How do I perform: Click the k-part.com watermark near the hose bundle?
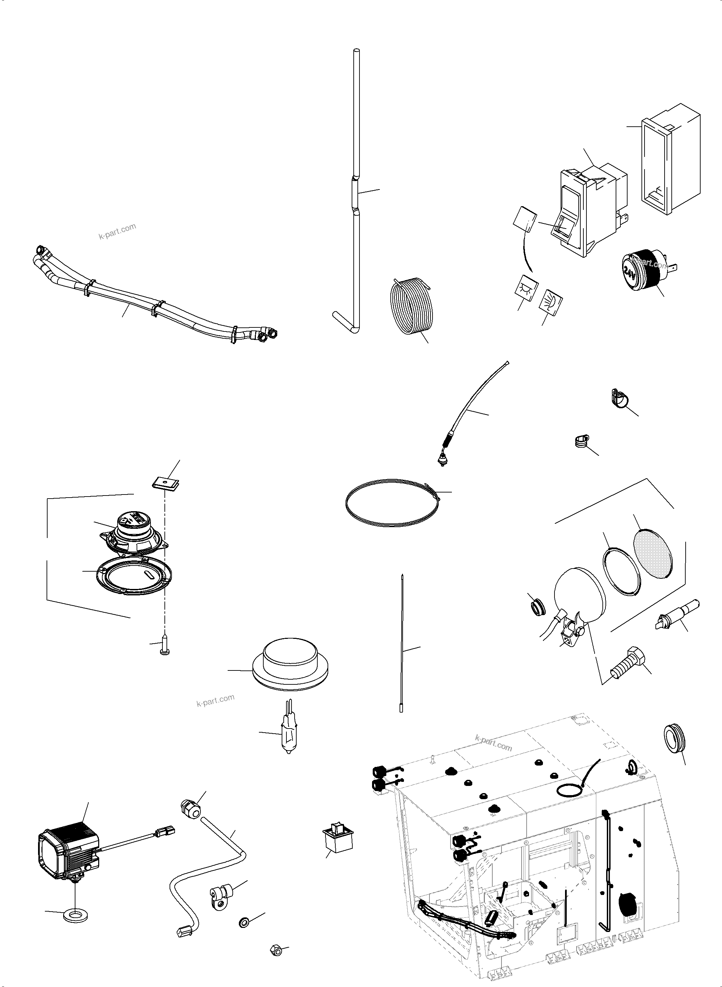tap(117, 231)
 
